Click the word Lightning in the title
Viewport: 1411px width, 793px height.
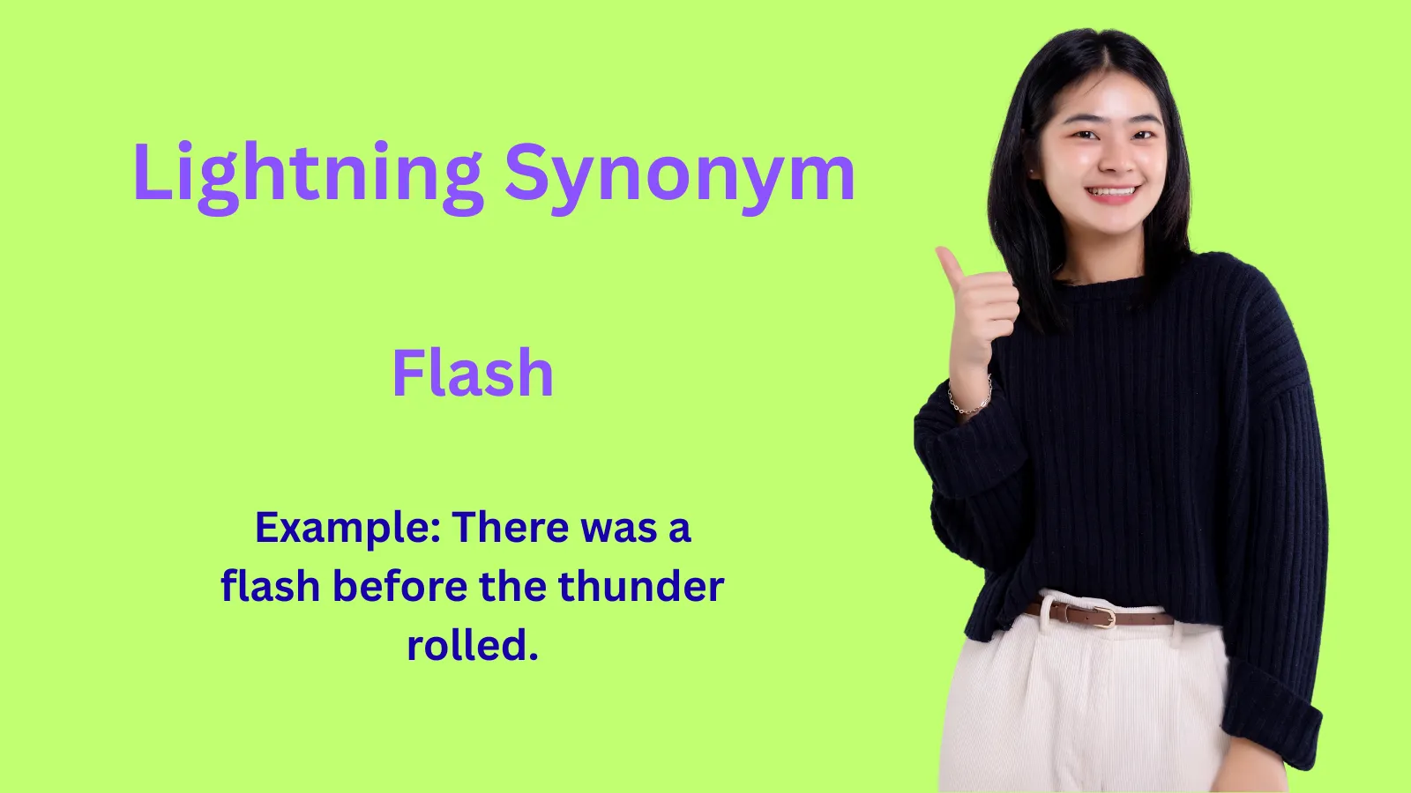(x=307, y=174)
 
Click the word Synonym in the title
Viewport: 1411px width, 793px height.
(x=679, y=174)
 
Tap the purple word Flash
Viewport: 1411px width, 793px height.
(x=473, y=373)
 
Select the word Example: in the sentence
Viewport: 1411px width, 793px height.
(x=347, y=529)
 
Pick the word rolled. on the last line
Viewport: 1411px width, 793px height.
(x=473, y=645)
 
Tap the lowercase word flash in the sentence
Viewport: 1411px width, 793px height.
(x=270, y=587)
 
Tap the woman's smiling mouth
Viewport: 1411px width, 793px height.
(x=1112, y=192)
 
